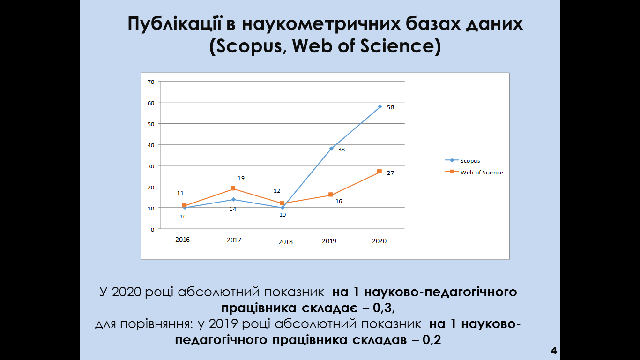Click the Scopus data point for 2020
(380, 107)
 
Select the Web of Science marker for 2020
(380, 171)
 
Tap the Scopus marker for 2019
(331, 149)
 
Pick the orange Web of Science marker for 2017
(233, 188)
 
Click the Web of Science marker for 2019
(331, 195)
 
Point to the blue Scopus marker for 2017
(233, 199)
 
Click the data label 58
(390, 107)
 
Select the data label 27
(390, 173)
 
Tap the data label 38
(342, 150)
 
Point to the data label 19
(241, 178)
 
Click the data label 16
(339, 201)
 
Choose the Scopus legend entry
(462, 161)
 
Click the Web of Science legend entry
(474, 172)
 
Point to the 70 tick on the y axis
(151, 82)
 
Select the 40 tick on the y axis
(151, 145)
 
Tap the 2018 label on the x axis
(285, 242)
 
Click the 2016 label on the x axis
(182, 240)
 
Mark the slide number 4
(554, 350)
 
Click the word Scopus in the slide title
(249, 46)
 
